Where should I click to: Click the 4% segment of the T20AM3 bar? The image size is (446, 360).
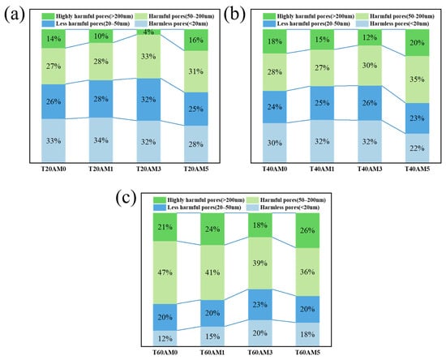[x=148, y=32]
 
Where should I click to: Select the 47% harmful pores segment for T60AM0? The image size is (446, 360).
[x=165, y=272]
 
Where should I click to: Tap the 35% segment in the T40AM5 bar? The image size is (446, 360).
[x=417, y=79]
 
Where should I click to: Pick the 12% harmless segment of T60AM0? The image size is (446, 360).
[x=165, y=338]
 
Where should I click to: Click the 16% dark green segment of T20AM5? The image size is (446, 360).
[x=196, y=40]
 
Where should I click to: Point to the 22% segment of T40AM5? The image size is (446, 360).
[x=417, y=148]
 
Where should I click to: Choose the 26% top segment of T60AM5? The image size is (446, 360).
[x=307, y=230]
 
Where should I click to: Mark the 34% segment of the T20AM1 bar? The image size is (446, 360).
[x=101, y=140]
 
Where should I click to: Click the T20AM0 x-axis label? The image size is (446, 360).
[x=54, y=169]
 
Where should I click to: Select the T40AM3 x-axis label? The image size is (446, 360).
[x=370, y=169]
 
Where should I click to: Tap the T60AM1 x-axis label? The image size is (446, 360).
[x=212, y=353]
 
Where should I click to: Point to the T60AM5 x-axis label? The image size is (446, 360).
[x=307, y=353]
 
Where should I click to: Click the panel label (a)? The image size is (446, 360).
[x=15, y=15]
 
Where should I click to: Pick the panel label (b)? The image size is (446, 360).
[x=234, y=15]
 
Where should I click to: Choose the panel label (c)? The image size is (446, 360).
[x=126, y=198]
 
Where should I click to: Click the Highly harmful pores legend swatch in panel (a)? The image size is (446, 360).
[x=48, y=16]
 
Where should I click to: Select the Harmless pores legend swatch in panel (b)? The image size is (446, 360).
[x=361, y=24]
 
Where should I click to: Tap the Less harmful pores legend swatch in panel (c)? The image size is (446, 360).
[x=159, y=208]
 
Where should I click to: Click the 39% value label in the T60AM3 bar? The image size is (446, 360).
[x=259, y=263]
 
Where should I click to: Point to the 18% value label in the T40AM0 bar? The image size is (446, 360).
[x=274, y=41]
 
